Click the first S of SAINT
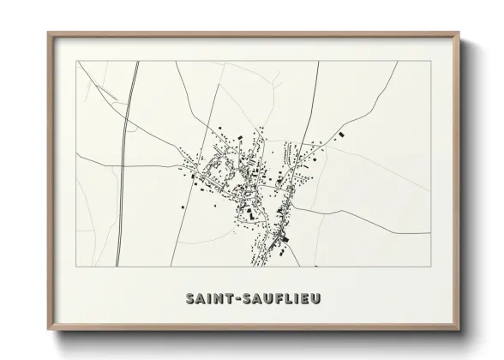click(x=189, y=298)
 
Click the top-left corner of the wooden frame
click(x=48, y=33)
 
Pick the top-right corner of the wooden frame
click(x=459, y=33)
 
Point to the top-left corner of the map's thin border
click(x=76, y=61)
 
